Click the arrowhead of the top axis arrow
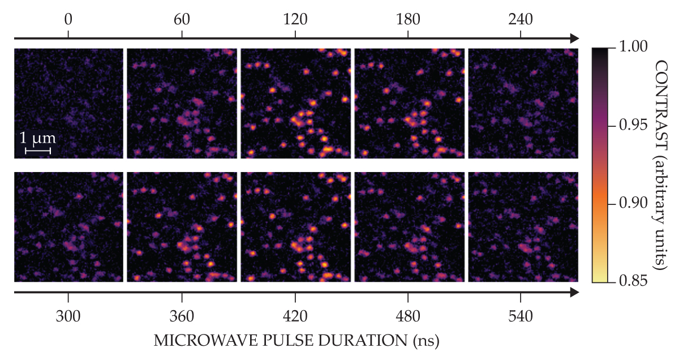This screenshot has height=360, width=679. tap(574, 38)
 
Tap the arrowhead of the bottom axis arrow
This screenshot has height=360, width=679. tap(574, 292)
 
